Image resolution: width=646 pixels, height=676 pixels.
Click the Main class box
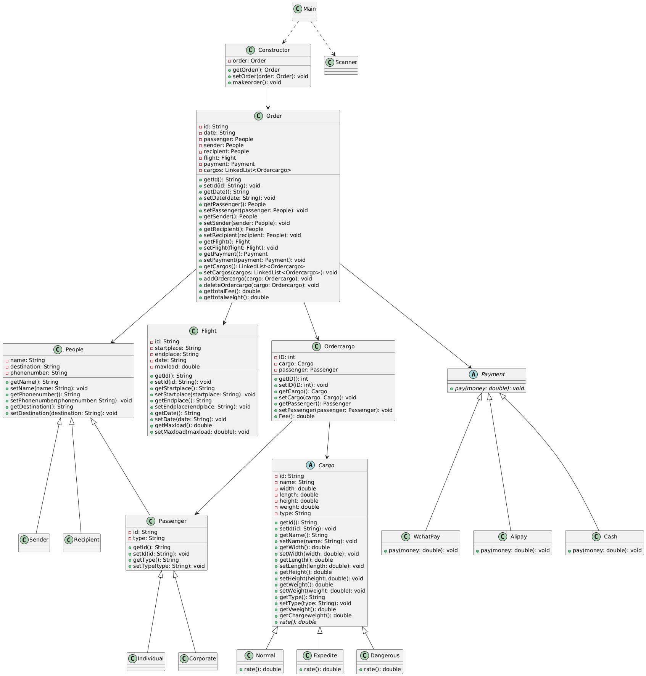point(304,12)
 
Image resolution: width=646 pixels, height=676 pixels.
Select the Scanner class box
point(341,65)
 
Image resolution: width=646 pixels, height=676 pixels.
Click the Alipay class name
point(518,537)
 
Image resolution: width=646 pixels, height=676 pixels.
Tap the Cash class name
point(610,537)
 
